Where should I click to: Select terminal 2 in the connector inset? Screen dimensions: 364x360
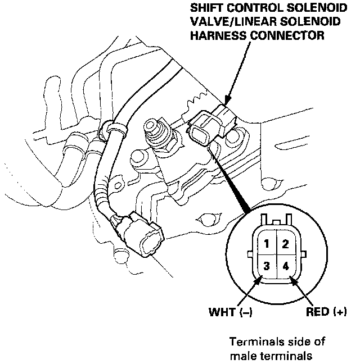[286, 244]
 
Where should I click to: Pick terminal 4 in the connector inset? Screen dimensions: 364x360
[286, 265]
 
